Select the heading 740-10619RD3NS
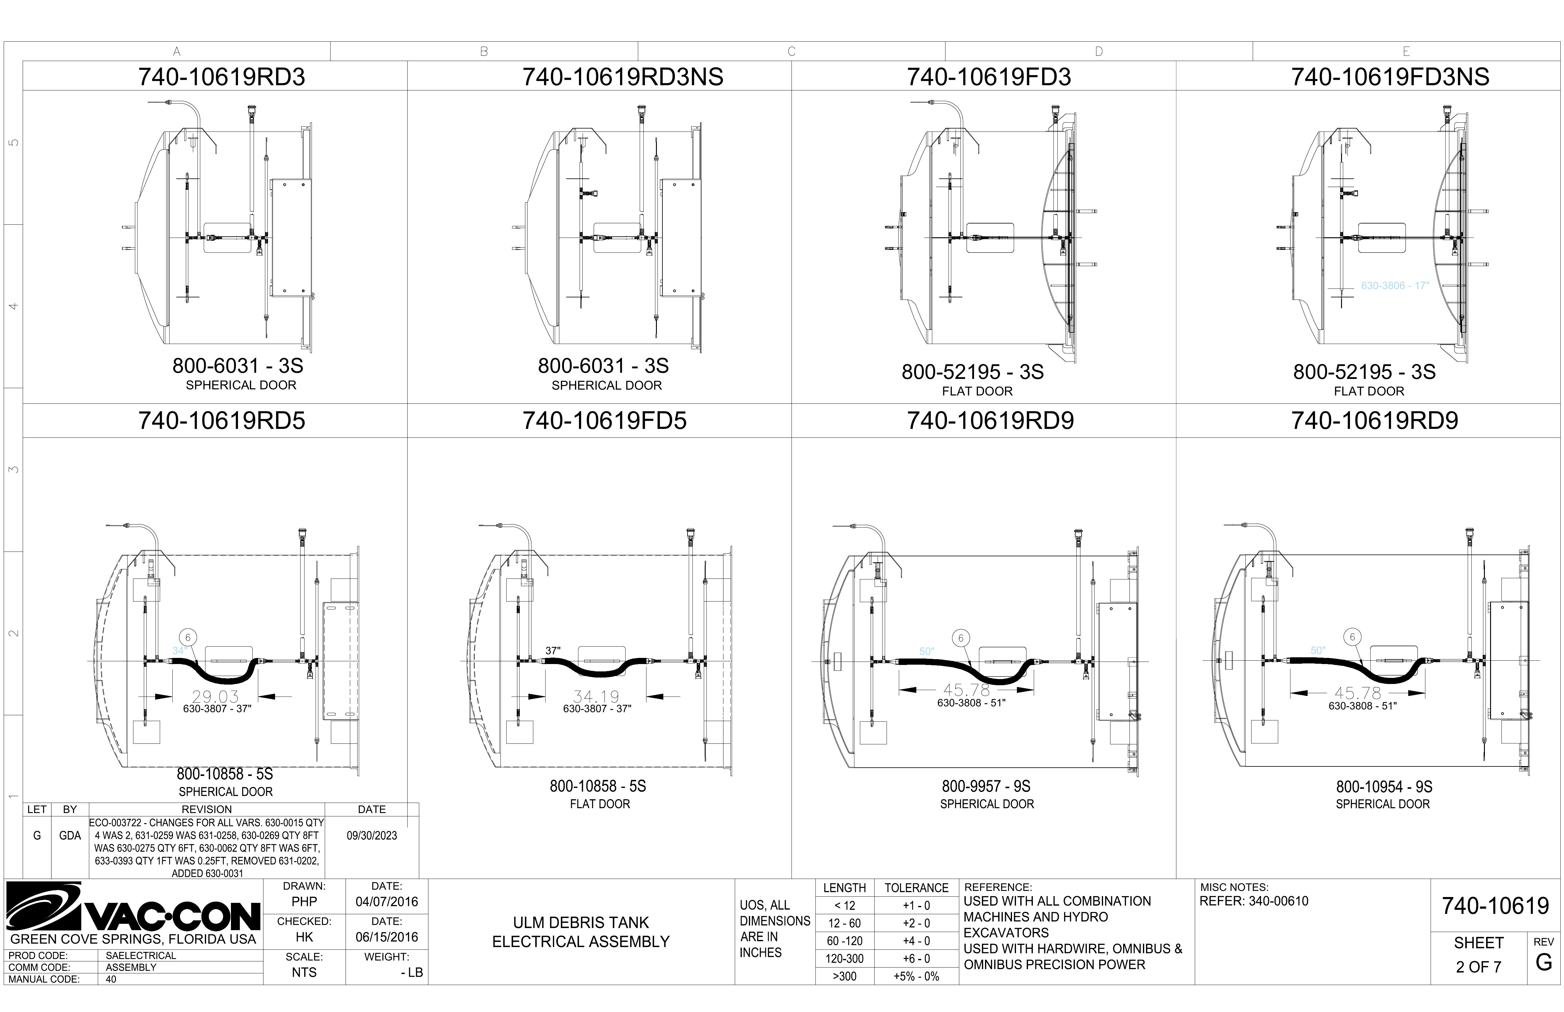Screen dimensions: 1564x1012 pos(622,77)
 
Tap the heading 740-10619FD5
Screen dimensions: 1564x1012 pos(604,421)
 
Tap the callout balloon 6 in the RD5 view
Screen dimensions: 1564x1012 pos(188,637)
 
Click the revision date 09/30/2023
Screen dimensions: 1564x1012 pos(372,836)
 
